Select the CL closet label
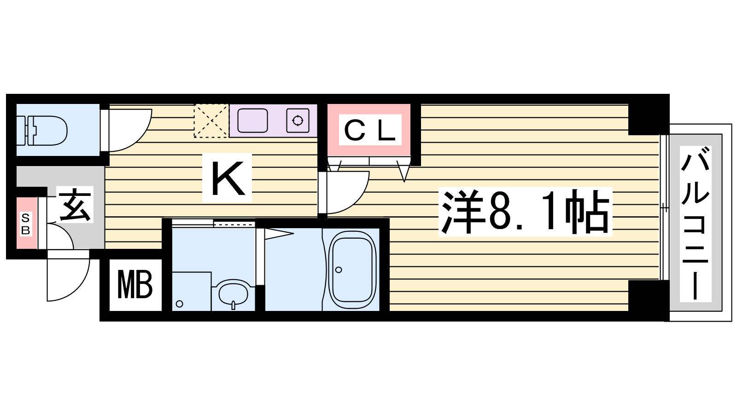[370, 130]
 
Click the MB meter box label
[135, 284]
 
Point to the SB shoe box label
[25, 224]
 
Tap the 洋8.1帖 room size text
[525, 212]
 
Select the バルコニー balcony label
[695, 224]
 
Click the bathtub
[352, 270]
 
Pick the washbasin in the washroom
[233, 293]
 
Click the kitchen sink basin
[252, 121]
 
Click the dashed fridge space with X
[211, 121]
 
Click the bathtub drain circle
[339, 270]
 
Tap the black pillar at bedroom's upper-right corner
[649, 115]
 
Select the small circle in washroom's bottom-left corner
[179, 304]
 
